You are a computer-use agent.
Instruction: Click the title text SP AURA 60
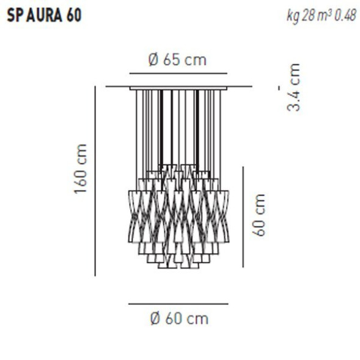click(x=43, y=15)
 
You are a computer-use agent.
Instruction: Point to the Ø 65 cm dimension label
click(x=177, y=60)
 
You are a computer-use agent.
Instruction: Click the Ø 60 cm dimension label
click(x=178, y=318)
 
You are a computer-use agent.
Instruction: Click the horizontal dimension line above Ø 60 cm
click(x=178, y=303)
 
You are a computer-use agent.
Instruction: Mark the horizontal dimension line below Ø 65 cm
click(x=178, y=73)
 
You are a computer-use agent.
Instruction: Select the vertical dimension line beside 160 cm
click(x=95, y=180)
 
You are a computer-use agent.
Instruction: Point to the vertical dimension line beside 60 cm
click(x=243, y=216)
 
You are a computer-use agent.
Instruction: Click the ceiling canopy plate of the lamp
click(x=178, y=87)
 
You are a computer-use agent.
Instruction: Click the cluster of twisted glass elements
click(x=178, y=217)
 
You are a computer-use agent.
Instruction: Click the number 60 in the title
click(x=73, y=15)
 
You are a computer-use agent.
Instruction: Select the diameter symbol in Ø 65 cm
click(x=153, y=60)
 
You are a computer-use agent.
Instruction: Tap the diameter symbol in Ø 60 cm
click(x=155, y=318)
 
